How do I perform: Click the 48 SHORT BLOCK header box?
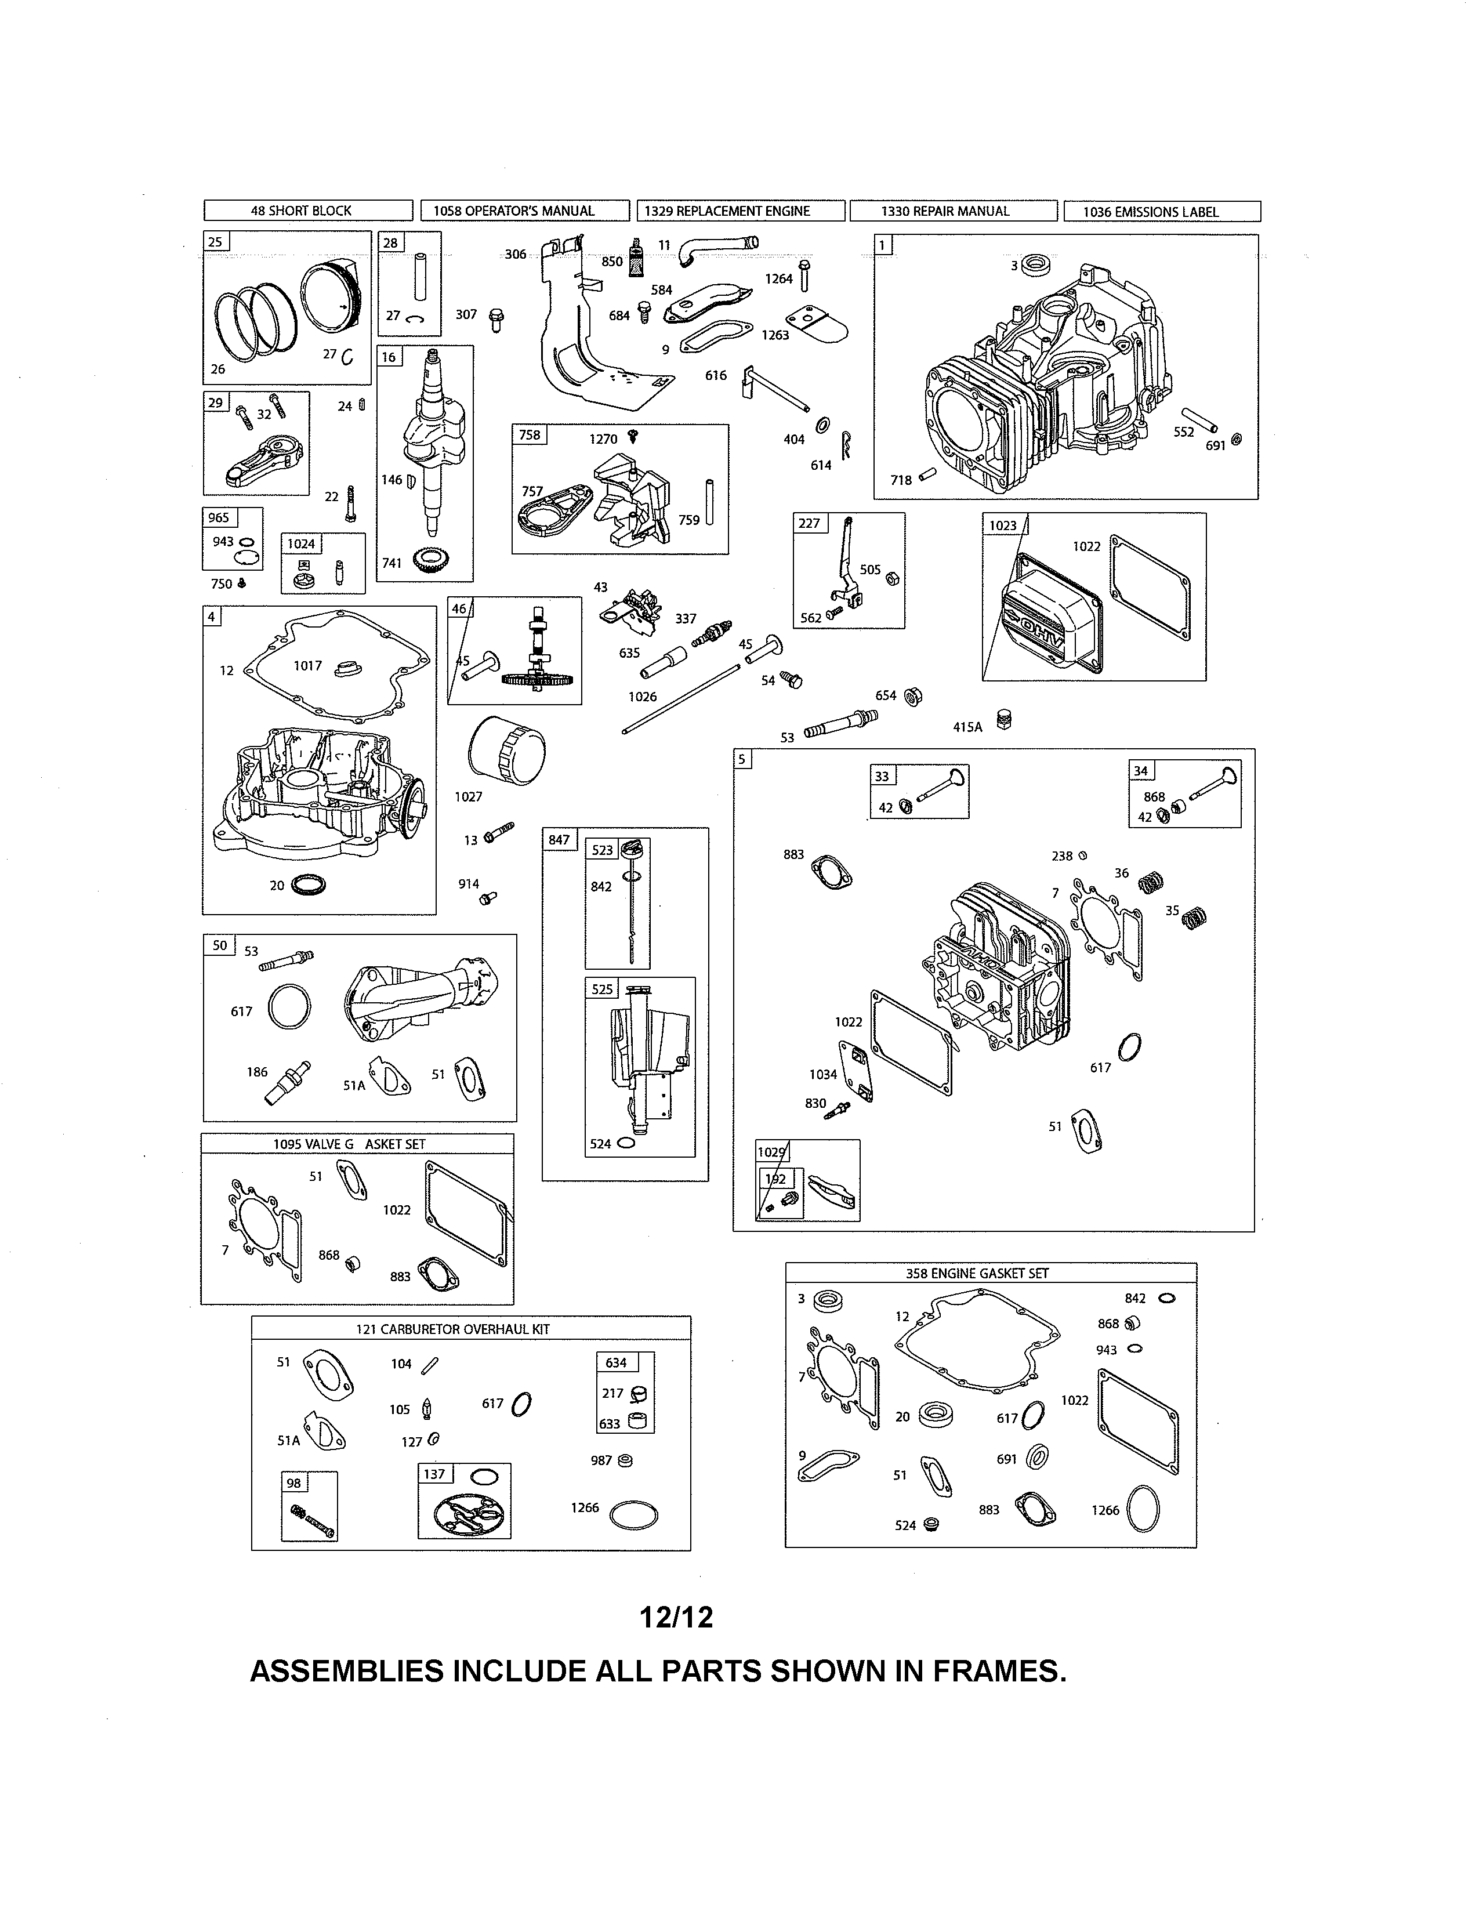307,211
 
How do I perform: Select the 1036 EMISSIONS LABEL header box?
1161,211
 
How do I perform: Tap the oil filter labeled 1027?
506,752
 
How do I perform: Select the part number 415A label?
967,727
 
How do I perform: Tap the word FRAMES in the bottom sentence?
999,1671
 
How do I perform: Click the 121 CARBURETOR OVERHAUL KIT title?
452,1329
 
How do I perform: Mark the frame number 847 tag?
559,840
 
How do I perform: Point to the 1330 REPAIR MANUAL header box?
952,211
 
